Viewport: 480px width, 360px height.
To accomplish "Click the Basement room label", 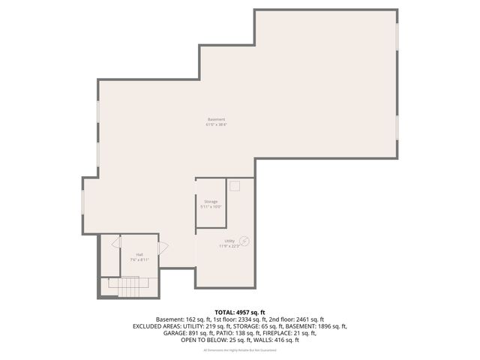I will [x=217, y=120].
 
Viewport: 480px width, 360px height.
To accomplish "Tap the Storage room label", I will [x=211, y=201].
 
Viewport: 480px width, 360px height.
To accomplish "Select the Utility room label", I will [x=229, y=241].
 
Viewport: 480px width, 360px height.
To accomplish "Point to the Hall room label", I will [x=139, y=254].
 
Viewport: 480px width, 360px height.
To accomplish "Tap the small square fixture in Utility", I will [x=234, y=185].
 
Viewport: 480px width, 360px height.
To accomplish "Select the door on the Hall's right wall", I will [x=163, y=247].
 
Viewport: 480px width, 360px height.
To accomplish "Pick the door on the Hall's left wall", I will [x=116, y=243].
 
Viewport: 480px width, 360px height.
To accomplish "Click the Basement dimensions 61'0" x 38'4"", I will [x=217, y=125].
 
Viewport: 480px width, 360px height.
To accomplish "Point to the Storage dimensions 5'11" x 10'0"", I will [x=211, y=206].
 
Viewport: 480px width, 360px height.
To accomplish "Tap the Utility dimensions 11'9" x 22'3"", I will [x=229, y=246].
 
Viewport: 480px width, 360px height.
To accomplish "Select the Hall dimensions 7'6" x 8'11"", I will [x=139, y=259].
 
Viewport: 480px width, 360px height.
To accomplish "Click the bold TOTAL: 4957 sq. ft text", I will [x=240, y=312].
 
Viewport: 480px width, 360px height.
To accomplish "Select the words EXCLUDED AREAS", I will [x=160, y=326].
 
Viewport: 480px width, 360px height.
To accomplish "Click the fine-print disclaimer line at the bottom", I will [x=240, y=350].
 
